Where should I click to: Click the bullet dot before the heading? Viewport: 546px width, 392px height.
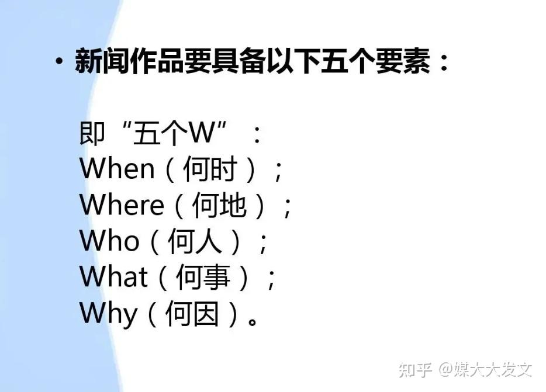tap(59, 61)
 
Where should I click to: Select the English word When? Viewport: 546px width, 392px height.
tap(117, 169)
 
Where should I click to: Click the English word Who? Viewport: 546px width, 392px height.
tap(109, 241)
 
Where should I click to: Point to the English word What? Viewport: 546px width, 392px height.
tap(114, 276)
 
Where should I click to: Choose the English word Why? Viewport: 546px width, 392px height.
tap(108, 313)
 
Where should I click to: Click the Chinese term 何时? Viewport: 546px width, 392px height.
tap(210, 169)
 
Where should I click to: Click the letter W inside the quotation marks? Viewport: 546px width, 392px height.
tap(202, 133)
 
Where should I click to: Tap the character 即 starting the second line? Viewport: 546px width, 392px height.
tap(92, 133)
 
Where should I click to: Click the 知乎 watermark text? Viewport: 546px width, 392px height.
tap(416, 370)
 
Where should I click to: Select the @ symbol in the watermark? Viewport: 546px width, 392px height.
tap(445, 369)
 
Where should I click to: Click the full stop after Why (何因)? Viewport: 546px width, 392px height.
tap(253, 321)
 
